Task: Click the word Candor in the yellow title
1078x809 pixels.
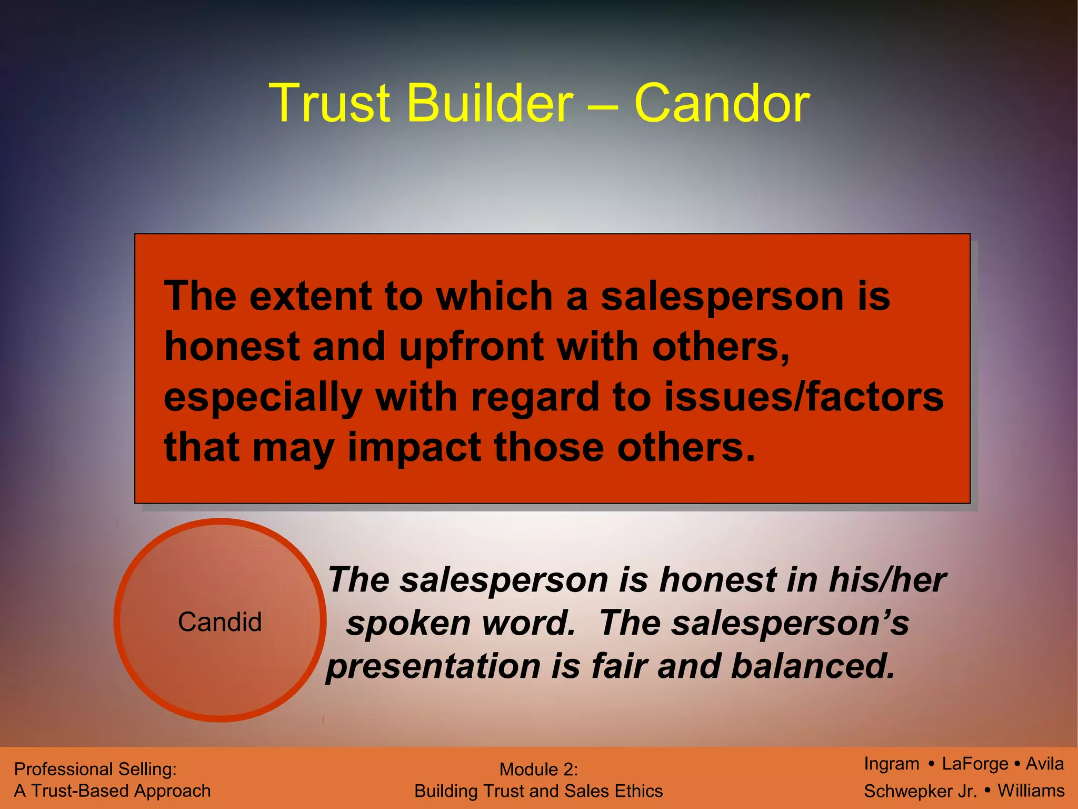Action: tap(722, 104)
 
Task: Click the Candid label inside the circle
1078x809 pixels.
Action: tap(219, 622)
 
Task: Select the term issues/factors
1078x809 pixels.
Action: tap(804, 398)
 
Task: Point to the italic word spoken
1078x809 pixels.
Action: tap(408, 624)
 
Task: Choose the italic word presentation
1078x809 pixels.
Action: tap(433, 666)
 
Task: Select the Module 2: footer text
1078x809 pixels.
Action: tap(538, 769)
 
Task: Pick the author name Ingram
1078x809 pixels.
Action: tap(891, 764)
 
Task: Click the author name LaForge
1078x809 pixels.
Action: tap(975, 764)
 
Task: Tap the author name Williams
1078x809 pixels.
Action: tap(1031, 791)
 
